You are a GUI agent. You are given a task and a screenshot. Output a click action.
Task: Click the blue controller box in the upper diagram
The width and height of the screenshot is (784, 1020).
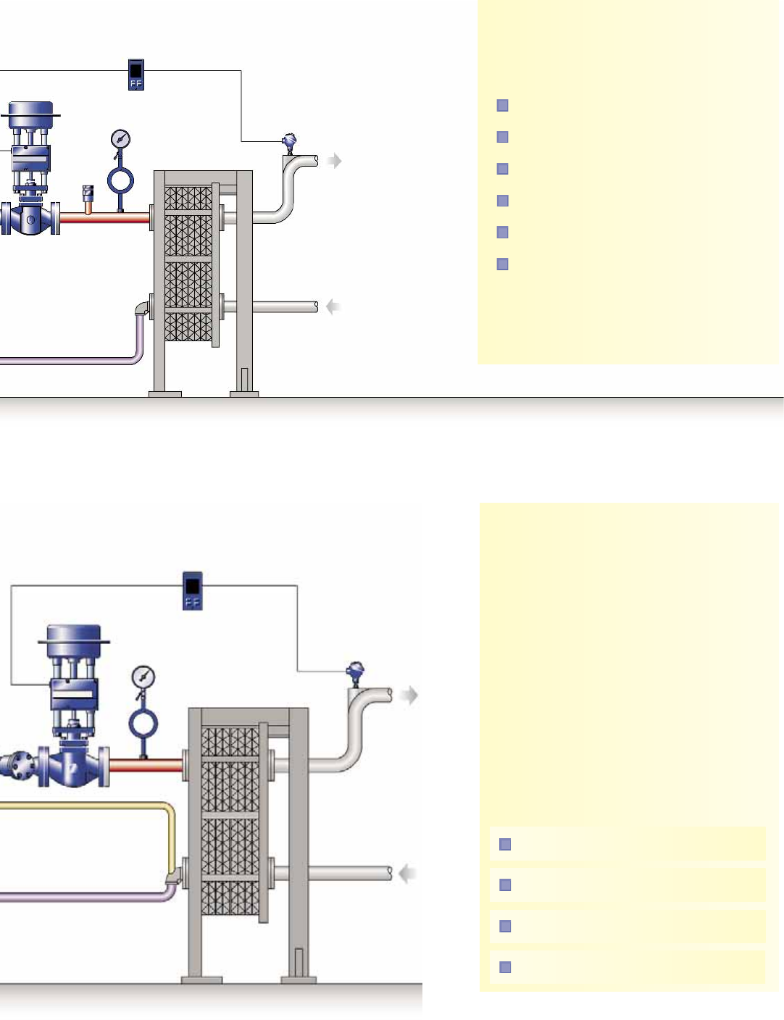point(135,75)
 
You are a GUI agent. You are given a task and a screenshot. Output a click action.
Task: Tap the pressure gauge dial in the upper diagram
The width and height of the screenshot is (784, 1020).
point(120,138)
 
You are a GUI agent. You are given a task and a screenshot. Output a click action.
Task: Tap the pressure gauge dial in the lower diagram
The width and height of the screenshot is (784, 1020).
point(143,677)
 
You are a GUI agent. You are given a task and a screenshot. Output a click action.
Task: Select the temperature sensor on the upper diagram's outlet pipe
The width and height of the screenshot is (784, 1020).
point(290,142)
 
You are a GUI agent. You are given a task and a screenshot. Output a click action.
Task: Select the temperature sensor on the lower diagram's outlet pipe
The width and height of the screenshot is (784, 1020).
point(355,673)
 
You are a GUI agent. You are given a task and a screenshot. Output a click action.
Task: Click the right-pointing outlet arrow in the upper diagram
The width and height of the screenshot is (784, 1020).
point(333,161)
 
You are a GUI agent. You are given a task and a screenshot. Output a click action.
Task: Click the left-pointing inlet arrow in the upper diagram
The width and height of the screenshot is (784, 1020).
point(333,307)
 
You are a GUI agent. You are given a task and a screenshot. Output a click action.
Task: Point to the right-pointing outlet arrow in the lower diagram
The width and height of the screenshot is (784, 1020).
point(410,695)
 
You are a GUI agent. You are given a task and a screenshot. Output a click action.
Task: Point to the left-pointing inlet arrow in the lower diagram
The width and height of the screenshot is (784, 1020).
point(409,874)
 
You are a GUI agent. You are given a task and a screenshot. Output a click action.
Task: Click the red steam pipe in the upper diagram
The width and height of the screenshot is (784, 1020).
point(105,217)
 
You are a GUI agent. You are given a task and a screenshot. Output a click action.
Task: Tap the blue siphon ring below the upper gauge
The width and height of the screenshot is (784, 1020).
point(120,179)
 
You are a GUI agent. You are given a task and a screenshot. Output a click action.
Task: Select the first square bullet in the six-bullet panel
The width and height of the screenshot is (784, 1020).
point(503,106)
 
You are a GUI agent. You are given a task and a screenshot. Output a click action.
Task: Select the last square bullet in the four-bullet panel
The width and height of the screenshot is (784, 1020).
point(506,967)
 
